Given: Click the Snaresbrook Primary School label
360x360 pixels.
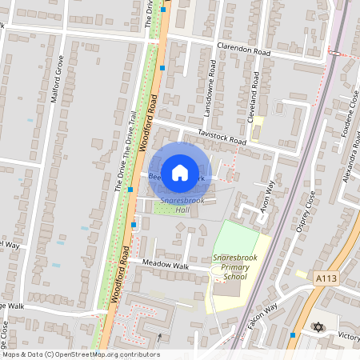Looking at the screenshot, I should point(230,266).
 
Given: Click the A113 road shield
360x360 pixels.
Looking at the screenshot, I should point(326,277).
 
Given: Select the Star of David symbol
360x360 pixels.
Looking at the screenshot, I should point(318,328).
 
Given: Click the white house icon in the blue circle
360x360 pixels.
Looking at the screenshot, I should point(180,172).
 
